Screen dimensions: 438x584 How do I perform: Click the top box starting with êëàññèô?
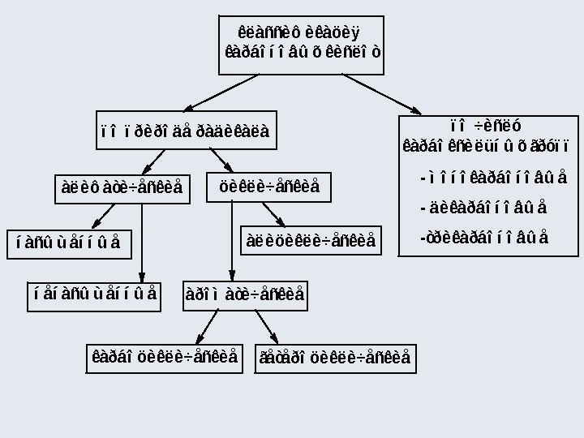pos(303,43)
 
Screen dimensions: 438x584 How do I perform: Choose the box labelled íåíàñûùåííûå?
pos(96,293)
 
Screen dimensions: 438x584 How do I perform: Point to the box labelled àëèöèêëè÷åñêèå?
pos(311,241)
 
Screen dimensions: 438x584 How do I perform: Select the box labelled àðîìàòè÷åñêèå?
pos(244,293)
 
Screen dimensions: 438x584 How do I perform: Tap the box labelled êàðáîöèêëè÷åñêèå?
pos(165,357)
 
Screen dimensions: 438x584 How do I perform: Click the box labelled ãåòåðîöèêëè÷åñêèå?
pos(334,357)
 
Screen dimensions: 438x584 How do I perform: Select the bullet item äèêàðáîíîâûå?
pos(484,208)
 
